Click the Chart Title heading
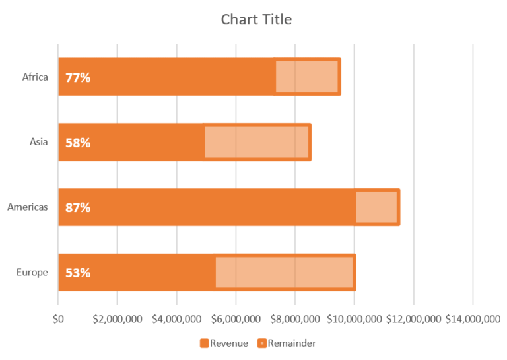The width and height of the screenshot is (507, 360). (x=256, y=20)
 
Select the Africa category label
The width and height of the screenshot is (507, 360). (x=35, y=77)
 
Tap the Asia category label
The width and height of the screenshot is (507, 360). (x=38, y=141)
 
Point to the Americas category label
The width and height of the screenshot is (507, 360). (x=28, y=207)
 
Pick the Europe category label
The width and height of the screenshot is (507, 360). (x=32, y=272)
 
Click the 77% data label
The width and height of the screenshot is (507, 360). (x=78, y=77)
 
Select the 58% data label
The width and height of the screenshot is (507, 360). (x=78, y=143)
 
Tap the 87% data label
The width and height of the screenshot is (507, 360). (x=78, y=207)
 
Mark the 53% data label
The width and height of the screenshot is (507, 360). (x=78, y=273)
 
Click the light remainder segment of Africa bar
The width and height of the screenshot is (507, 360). (x=306, y=77)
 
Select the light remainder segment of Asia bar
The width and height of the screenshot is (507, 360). (x=256, y=142)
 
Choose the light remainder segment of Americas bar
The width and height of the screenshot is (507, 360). (x=376, y=207)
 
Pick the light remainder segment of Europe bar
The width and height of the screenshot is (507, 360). (x=284, y=272)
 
